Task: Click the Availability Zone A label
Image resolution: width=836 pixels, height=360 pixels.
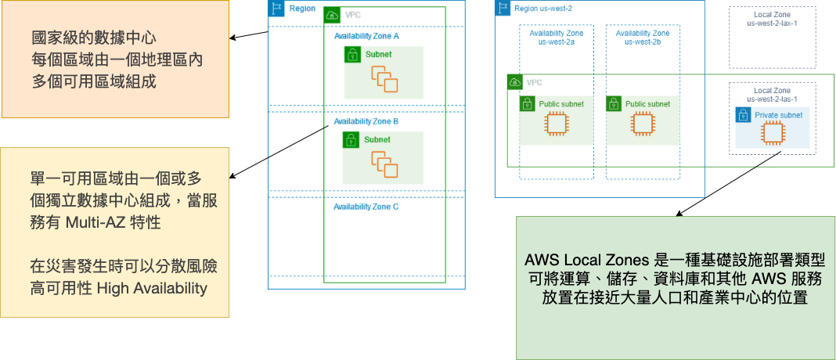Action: click(366, 37)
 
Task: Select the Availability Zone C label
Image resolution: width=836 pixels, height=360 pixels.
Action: click(366, 207)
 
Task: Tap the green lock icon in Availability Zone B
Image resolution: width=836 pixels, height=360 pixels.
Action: click(352, 140)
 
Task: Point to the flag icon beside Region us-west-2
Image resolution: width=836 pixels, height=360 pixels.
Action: click(504, 8)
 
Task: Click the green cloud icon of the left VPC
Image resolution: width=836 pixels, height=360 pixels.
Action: click(332, 15)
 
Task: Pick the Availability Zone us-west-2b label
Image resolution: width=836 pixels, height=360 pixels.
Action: click(643, 38)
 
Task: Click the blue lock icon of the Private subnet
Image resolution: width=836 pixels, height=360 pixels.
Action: click(744, 115)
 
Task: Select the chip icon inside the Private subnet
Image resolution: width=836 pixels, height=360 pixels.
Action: click(772, 133)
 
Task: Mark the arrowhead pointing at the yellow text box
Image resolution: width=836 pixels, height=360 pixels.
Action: click(234, 178)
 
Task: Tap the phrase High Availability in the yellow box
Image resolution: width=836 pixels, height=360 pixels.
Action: click(152, 288)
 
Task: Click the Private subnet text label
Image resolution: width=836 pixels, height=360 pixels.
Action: click(778, 116)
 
